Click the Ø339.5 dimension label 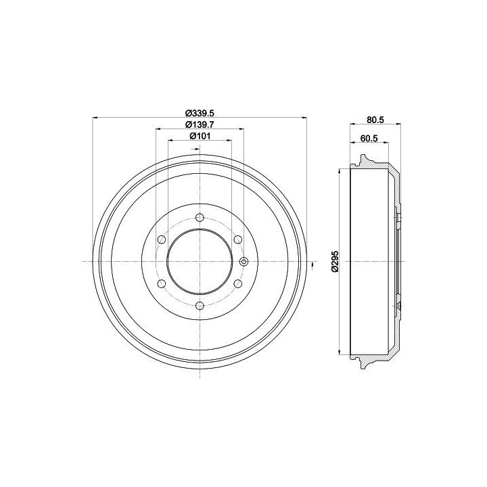(200, 113)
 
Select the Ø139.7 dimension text (200, 124)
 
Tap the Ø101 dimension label (200, 136)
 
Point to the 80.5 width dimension (375, 120)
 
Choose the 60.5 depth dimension (369, 139)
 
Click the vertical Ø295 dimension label (335, 262)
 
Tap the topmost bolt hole (200, 217)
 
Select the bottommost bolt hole (200, 306)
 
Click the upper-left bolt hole (162, 239)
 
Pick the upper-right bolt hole (238, 239)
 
